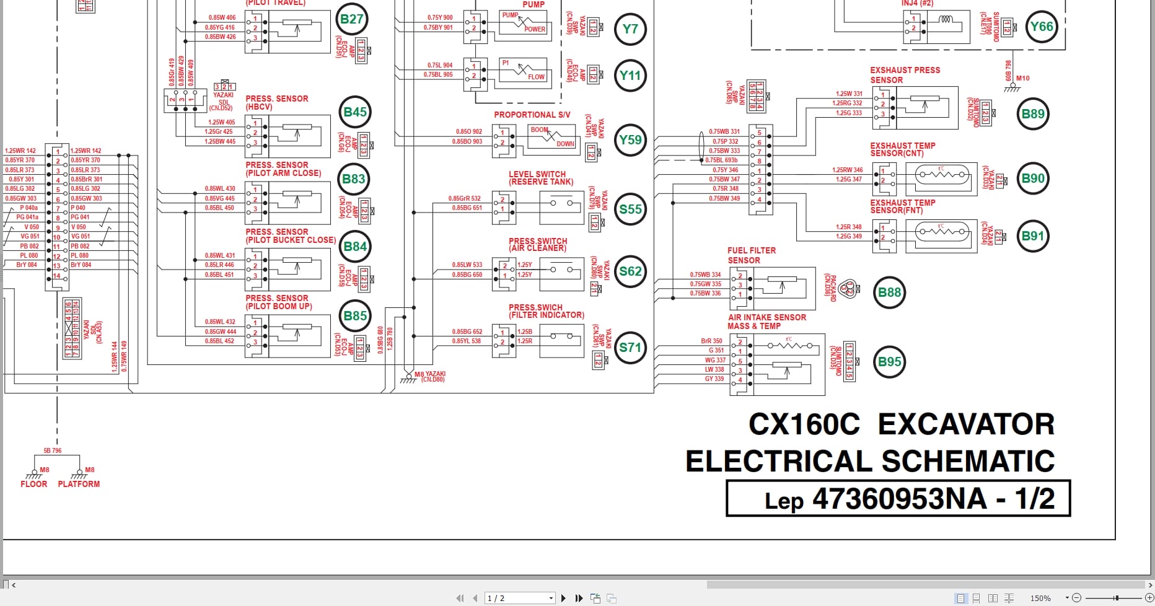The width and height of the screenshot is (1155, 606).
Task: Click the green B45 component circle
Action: click(355, 112)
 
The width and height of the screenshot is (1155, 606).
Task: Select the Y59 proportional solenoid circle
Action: click(630, 140)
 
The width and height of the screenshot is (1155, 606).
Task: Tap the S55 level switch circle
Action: click(630, 209)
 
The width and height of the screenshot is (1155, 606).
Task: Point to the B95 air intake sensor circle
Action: click(889, 362)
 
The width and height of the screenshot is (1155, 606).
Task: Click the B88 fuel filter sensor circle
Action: click(889, 292)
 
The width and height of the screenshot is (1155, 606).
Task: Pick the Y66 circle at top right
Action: click(1041, 27)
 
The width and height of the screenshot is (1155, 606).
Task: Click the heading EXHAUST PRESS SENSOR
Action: click(905, 75)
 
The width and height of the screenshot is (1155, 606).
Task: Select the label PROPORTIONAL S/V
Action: click(532, 115)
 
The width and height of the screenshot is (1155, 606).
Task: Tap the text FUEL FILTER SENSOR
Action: click(751, 255)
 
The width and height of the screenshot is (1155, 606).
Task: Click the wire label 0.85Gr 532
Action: click(464, 199)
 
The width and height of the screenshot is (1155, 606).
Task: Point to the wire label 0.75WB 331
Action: click(724, 131)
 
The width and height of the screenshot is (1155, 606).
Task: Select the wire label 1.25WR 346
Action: click(846, 170)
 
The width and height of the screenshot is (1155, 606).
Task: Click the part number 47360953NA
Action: click(898, 499)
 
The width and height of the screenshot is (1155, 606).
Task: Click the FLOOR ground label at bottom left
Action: click(33, 484)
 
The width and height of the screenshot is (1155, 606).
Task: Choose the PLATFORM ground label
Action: click(79, 484)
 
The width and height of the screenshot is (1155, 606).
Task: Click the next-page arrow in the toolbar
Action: click(563, 598)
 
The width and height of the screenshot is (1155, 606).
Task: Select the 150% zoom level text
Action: click(1040, 598)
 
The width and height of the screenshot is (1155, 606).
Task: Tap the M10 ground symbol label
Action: click(1022, 78)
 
